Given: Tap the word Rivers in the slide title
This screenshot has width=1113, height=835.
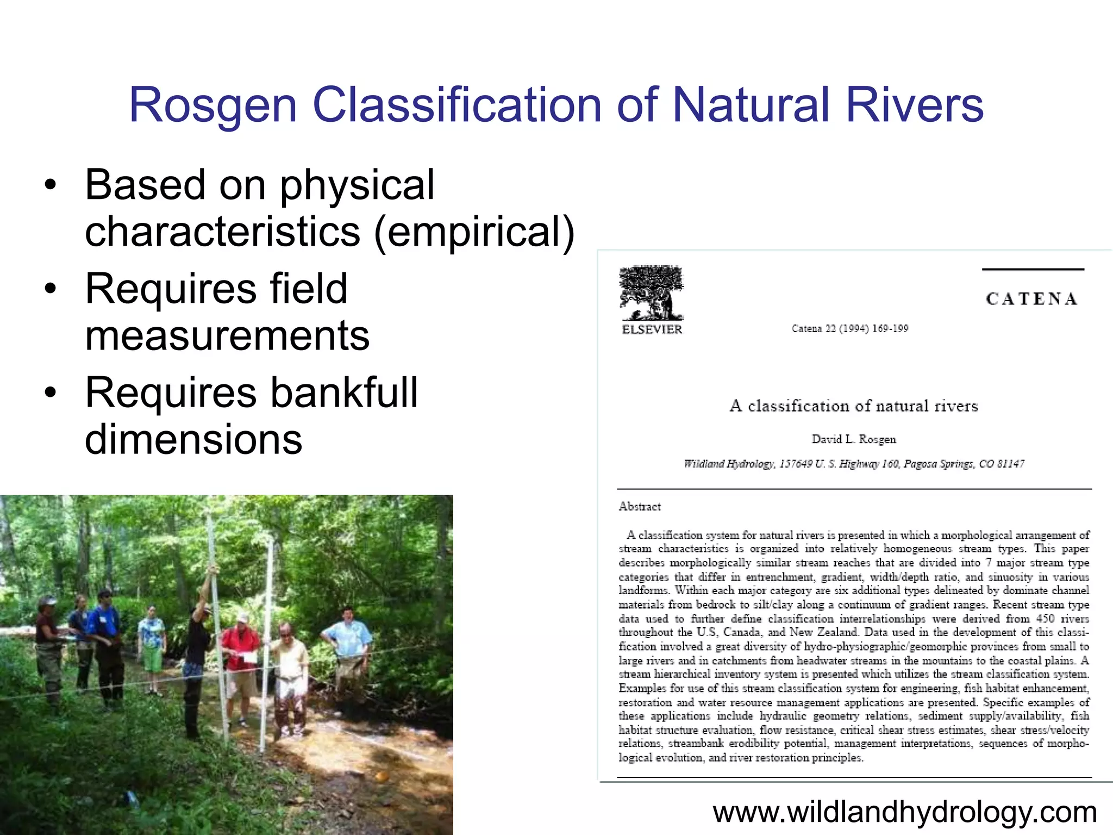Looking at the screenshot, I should pyautogui.click(x=915, y=105).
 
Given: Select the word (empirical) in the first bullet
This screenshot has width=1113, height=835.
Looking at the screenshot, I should pyautogui.click(x=474, y=232).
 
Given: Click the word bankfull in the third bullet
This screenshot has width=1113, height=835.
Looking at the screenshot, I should pyautogui.click(x=344, y=392).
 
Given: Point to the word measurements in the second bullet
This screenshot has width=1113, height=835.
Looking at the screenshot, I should pyautogui.click(x=227, y=335).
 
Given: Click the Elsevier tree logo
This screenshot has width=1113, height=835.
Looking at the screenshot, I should pyautogui.click(x=651, y=293).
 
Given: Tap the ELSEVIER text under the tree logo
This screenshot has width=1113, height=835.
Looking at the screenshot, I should pyautogui.click(x=652, y=329).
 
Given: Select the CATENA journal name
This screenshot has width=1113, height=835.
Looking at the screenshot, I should pyautogui.click(x=1031, y=299).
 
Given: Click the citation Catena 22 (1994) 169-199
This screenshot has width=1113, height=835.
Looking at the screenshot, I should pyautogui.click(x=850, y=328).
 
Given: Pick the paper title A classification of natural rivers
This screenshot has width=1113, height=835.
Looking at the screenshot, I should pyautogui.click(x=854, y=406).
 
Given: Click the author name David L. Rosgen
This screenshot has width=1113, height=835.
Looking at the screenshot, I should pyautogui.click(x=854, y=439).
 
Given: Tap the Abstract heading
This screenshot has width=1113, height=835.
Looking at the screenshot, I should pyautogui.click(x=640, y=507).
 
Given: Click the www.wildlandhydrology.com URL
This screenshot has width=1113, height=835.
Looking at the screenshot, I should pyautogui.click(x=904, y=812).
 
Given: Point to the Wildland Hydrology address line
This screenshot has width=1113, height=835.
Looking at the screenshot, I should pyautogui.click(x=854, y=464).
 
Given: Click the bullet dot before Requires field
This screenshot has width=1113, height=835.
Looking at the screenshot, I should pyautogui.click(x=51, y=289).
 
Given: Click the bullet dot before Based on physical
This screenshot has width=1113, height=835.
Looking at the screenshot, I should pyautogui.click(x=51, y=185).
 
